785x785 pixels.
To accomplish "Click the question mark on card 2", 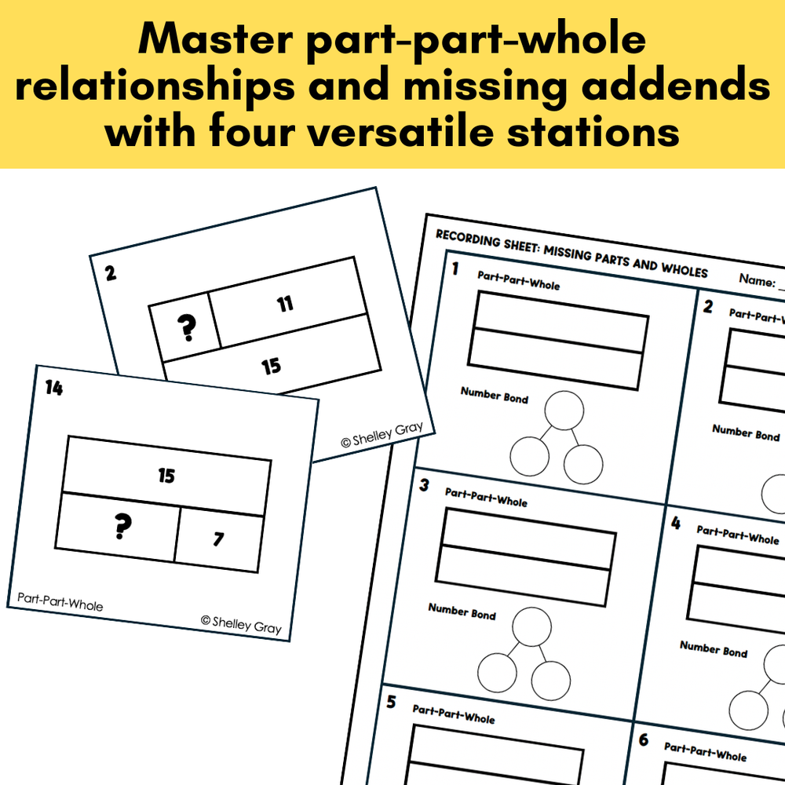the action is pyautogui.click(x=187, y=327).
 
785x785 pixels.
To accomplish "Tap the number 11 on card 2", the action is pyautogui.click(x=285, y=303).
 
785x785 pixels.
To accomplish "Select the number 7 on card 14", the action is pyautogui.click(x=218, y=539).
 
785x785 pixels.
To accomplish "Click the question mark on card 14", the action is pyautogui.click(x=122, y=526).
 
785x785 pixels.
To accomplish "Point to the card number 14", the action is pyautogui.click(x=54, y=388).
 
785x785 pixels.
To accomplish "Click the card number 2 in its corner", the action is pyautogui.click(x=111, y=273).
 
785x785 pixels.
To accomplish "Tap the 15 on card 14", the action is pyautogui.click(x=166, y=476).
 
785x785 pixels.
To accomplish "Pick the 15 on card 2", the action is pyautogui.click(x=272, y=366).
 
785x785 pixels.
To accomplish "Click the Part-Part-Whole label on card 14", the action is pyautogui.click(x=60, y=602).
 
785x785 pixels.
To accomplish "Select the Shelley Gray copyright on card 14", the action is pyautogui.click(x=241, y=625).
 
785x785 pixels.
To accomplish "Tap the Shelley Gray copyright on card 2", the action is pyautogui.click(x=382, y=434).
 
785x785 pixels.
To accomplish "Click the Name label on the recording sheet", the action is pyautogui.click(x=757, y=280).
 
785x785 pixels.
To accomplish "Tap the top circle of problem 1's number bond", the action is pyautogui.click(x=564, y=411).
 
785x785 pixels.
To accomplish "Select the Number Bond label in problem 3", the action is pyautogui.click(x=462, y=612).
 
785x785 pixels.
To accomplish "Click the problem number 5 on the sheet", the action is pyautogui.click(x=391, y=702).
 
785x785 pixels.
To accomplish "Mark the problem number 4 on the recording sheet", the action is pyautogui.click(x=676, y=523).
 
